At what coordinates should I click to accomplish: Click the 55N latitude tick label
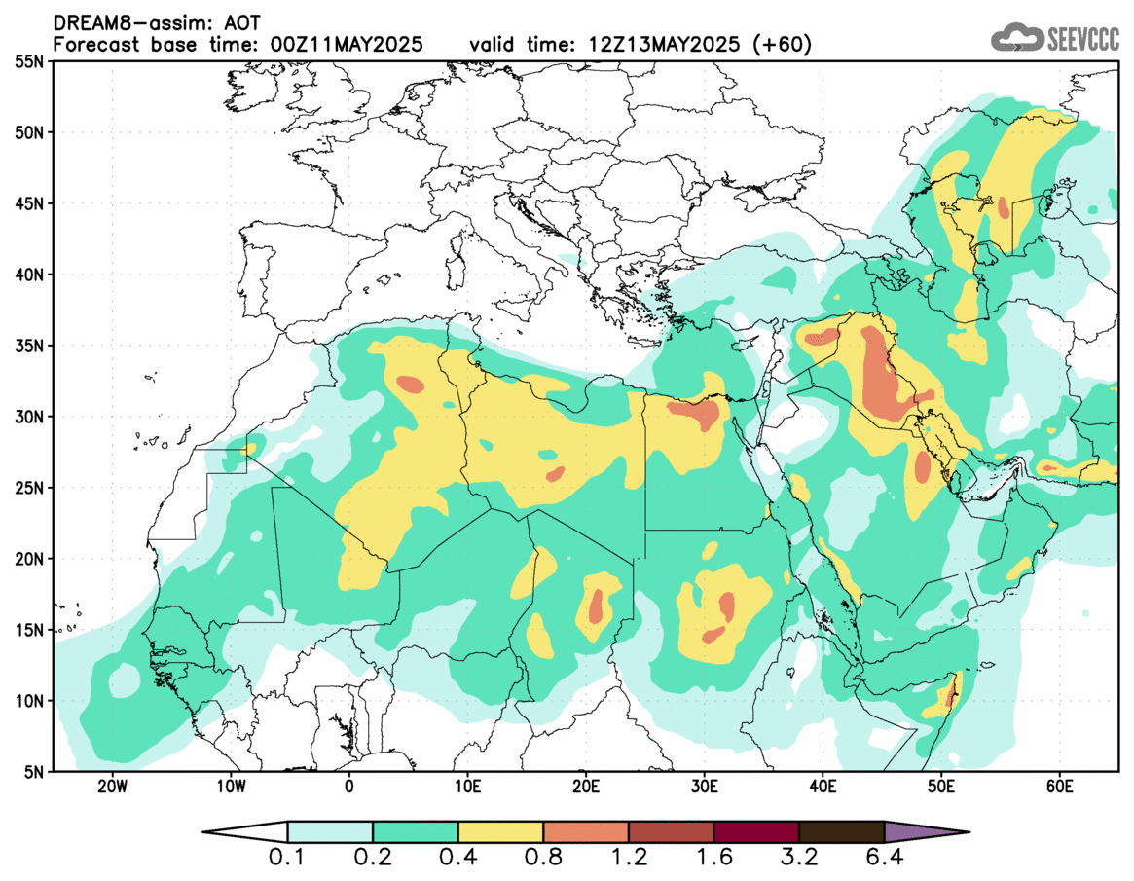click(x=30, y=61)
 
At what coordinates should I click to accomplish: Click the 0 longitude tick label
click(x=348, y=787)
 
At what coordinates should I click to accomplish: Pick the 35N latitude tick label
click(x=30, y=346)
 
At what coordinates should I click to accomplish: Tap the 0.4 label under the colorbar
click(x=457, y=858)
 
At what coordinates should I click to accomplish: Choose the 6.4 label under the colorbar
click(x=884, y=858)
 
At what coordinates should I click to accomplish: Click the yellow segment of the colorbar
click(x=500, y=832)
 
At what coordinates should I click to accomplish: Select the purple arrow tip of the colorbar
click(x=925, y=832)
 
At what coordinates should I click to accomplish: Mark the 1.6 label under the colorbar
click(x=713, y=858)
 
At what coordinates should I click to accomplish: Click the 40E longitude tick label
click(x=823, y=787)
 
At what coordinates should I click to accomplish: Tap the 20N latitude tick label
click(x=30, y=559)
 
